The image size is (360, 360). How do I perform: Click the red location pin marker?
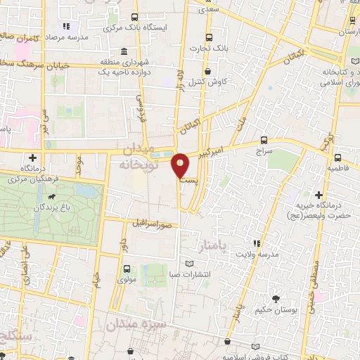tap(181, 166)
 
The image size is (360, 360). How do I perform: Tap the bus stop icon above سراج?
tap(264, 139)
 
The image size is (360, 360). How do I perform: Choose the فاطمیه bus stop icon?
tap(338, 157)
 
